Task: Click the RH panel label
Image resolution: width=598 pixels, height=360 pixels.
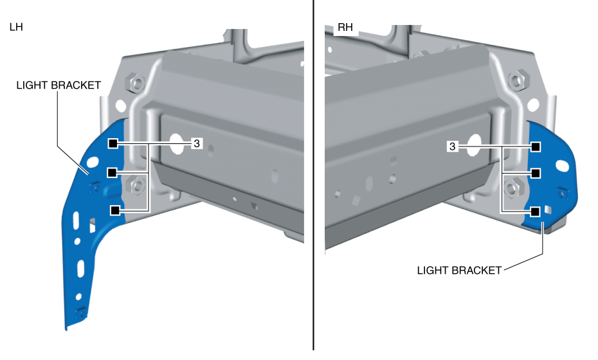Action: click(x=345, y=28)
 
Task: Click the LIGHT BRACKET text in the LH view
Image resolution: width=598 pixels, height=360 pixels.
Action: click(x=59, y=85)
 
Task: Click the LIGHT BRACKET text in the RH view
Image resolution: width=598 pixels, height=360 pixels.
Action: click(x=459, y=271)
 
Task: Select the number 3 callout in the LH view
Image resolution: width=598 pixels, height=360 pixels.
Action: click(x=196, y=143)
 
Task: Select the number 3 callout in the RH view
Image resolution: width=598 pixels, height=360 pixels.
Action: click(x=453, y=147)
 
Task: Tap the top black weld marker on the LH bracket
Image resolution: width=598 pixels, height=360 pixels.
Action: click(x=113, y=143)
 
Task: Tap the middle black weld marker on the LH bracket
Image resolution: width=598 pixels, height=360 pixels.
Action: click(x=113, y=172)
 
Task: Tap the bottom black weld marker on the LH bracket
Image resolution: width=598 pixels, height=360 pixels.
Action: click(x=115, y=210)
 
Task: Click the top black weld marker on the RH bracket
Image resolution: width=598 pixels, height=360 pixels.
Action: click(x=535, y=147)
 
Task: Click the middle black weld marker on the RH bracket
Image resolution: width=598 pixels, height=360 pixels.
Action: click(x=535, y=172)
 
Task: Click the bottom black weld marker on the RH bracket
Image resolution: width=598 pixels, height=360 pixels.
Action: click(x=535, y=211)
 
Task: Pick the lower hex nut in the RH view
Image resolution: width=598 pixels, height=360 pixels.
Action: click(x=512, y=187)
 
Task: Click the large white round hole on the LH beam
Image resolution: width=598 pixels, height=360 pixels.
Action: click(x=175, y=141)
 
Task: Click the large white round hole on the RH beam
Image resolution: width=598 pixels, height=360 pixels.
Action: click(x=475, y=145)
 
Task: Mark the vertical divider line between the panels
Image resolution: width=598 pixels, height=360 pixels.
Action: click(x=313, y=180)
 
